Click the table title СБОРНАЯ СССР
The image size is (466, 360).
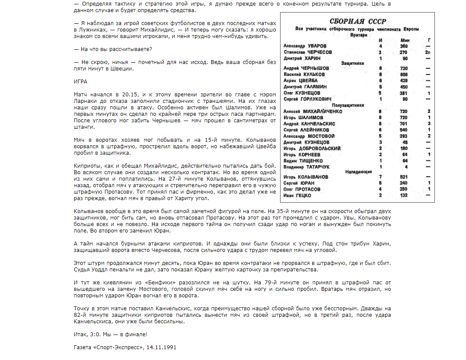pyautogui.click(x=357, y=22)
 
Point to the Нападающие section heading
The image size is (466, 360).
pyautogui.click(x=358, y=171)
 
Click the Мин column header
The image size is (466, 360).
pyautogui.click(x=405, y=40)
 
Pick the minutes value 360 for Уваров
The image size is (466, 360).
pyautogui.click(x=404, y=46)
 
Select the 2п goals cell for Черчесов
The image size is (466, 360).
pyautogui.click(x=428, y=52)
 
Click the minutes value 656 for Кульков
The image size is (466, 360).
pyautogui.click(x=404, y=74)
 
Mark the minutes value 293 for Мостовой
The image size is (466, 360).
pyautogui.click(x=404, y=136)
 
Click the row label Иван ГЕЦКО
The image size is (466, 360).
pyautogui.click(x=297, y=195)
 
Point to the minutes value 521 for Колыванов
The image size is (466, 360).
pyautogui.click(x=404, y=177)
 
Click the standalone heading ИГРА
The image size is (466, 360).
pyautogui.click(x=81, y=81)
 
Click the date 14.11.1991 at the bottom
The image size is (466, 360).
pyautogui.click(x=162, y=347)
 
